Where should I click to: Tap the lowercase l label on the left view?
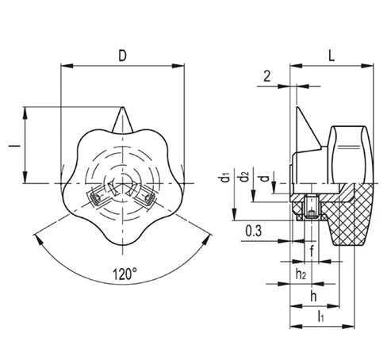click(12, 146)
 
